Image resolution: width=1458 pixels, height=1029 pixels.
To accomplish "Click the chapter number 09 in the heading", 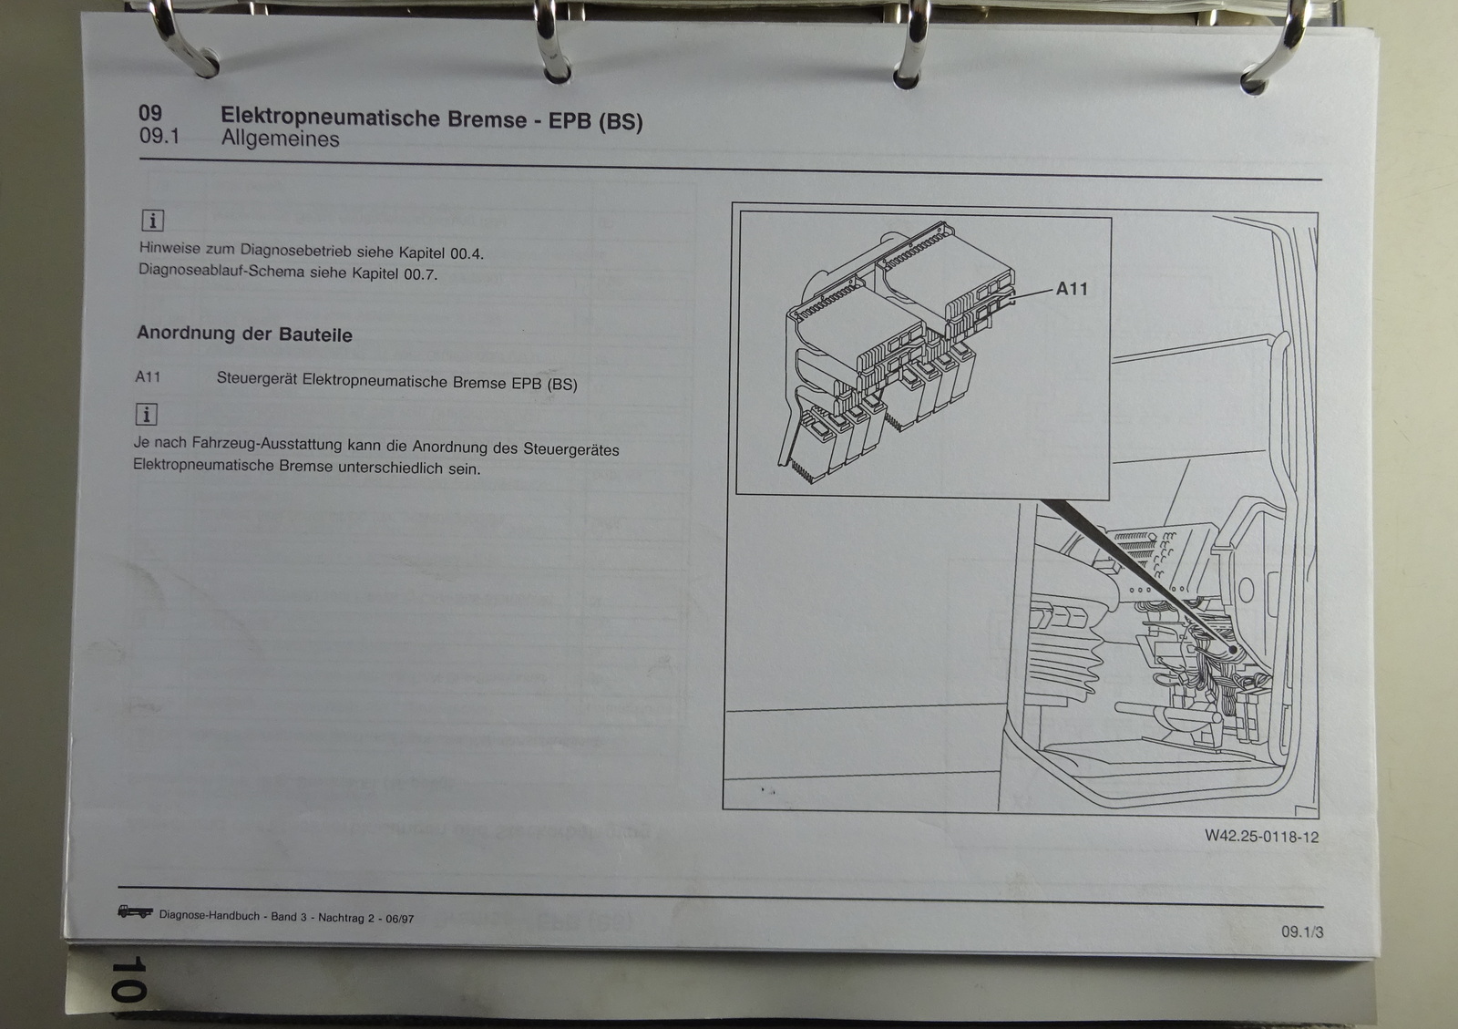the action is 150,113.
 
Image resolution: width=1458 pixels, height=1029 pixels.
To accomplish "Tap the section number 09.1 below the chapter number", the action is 159,136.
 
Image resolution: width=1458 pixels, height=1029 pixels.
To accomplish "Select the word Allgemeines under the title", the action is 280,139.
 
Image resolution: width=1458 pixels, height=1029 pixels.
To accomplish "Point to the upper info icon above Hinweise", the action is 153,221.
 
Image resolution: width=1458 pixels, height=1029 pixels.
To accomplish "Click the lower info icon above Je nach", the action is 147,414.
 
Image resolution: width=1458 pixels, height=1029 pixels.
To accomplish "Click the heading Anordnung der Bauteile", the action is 244,334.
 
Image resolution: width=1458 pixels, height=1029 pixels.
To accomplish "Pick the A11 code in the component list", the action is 148,376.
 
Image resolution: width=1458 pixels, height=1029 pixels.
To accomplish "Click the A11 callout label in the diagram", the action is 1072,288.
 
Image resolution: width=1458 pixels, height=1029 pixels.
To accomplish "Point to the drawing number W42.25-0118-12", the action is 1261,837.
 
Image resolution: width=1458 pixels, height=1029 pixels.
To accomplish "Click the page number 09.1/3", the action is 1302,931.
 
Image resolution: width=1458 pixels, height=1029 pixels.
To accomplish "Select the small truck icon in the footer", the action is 136,911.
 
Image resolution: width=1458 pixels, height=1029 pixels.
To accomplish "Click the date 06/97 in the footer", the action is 400,919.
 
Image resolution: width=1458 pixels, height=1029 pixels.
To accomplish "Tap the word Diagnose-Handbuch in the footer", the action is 209,915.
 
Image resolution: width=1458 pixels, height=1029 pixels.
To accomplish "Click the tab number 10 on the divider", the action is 128,979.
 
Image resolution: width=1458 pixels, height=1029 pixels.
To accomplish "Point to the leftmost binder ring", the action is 186,40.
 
